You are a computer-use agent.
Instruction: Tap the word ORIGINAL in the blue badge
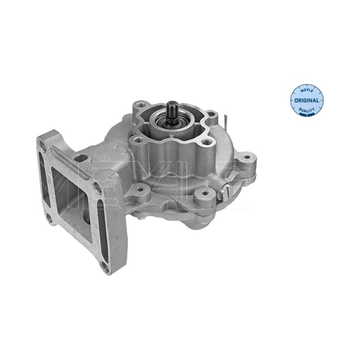click(x=307, y=100)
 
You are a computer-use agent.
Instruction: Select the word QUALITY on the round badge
click(x=307, y=110)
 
